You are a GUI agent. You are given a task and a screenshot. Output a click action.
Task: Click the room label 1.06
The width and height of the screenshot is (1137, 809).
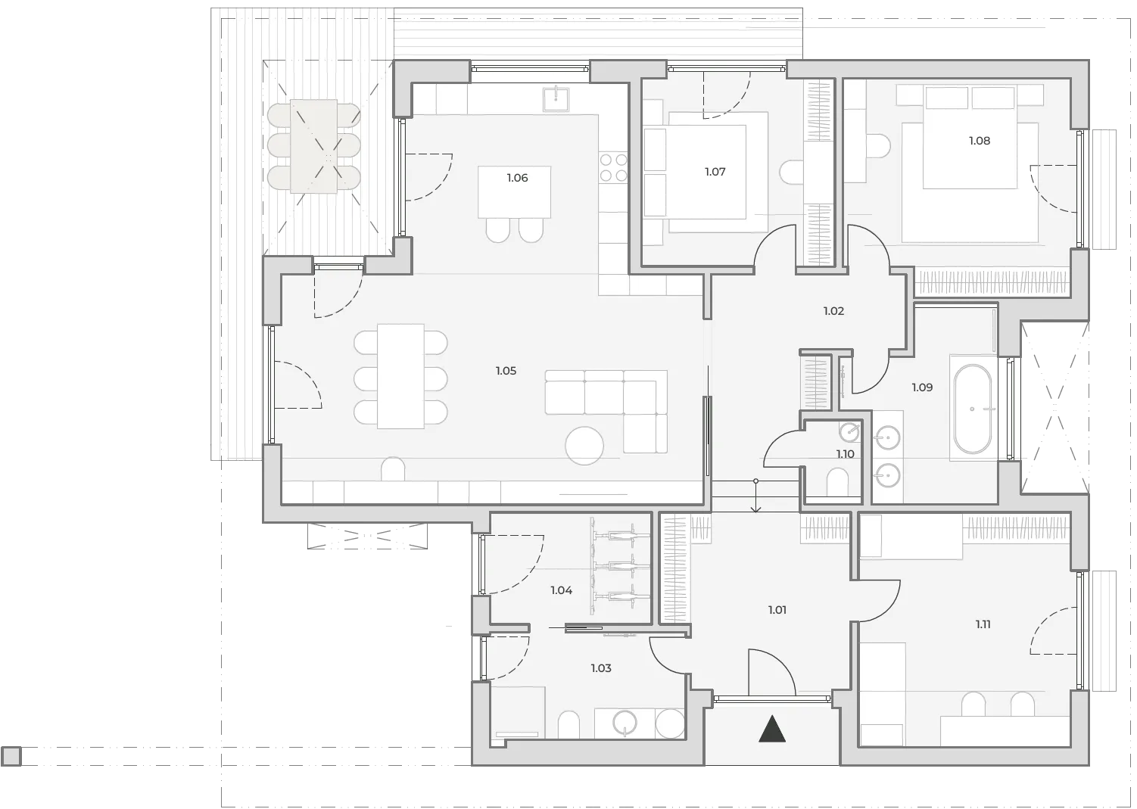point(517,178)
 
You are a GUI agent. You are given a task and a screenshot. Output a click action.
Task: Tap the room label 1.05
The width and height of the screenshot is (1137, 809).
point(506,371)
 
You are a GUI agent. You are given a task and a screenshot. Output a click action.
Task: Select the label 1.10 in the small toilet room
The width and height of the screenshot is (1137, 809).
point(845,454)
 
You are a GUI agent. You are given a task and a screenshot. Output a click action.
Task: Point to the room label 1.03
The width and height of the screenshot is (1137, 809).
point(601,668)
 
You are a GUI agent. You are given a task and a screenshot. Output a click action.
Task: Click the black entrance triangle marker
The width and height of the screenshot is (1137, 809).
point(772,730)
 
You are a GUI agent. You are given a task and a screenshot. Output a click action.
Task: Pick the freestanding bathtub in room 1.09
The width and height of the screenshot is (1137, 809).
point(972,409)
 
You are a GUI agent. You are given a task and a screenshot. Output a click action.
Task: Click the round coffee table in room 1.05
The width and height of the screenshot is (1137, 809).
point(584,446)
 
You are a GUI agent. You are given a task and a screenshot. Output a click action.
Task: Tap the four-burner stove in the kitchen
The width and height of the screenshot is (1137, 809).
point(614,168)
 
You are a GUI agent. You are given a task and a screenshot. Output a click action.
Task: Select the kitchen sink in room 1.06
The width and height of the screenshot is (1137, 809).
point(556,99)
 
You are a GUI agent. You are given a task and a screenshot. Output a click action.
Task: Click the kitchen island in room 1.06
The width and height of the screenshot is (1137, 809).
point(514,192)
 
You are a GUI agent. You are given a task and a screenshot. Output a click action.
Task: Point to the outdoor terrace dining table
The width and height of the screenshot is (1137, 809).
point(313,146)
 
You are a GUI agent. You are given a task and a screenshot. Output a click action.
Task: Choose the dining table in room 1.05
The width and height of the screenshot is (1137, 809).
point(400,377)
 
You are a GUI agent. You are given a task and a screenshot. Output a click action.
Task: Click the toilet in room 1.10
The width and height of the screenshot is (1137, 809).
point(837,481)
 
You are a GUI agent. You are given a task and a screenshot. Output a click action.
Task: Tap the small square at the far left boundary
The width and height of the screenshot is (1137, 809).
point(11,757)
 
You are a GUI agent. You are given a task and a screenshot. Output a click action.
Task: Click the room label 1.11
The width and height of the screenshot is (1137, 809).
point(983,625)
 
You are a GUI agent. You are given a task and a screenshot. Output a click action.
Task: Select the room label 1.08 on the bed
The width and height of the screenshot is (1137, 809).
point(979,141)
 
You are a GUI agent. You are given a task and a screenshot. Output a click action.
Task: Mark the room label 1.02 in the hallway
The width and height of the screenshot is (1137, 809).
point(833,311)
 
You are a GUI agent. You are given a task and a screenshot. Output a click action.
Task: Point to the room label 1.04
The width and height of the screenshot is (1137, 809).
point(562,590)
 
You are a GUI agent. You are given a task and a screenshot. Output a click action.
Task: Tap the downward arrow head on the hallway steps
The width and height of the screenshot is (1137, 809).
point(755,509)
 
